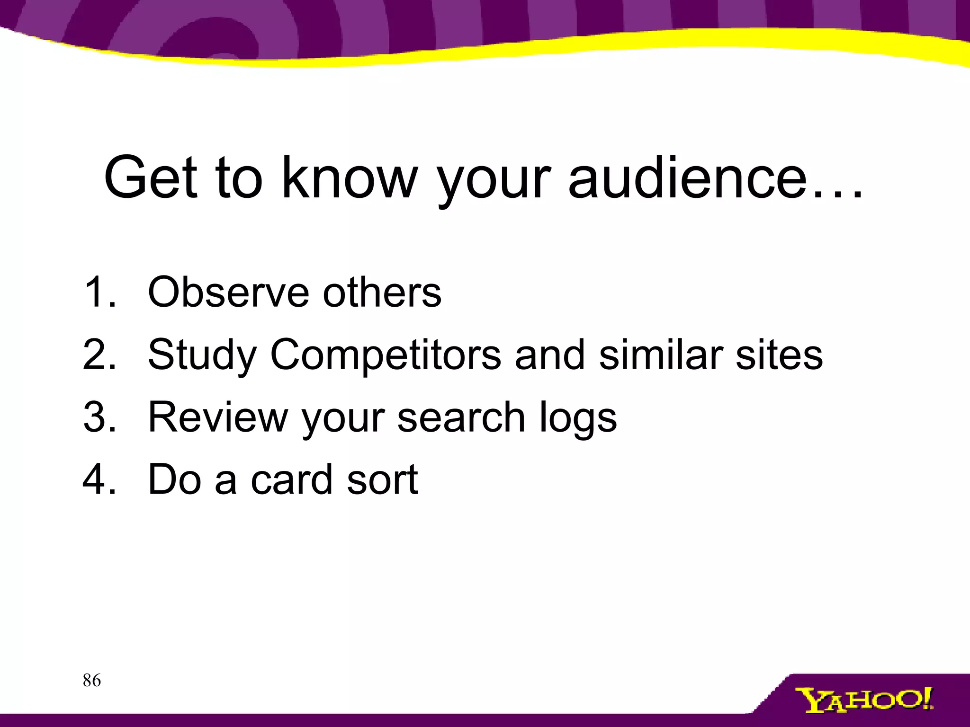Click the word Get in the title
[151, 177]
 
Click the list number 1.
[99, 292]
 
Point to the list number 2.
[99, 355]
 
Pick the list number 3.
[99, 417]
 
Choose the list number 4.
[99, 479]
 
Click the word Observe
[228, 292]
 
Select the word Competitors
[385, 355]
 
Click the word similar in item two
[660, 355]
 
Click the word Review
[218, 417]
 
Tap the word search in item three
[461, 417]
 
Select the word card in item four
[291, 479]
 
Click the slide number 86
[91, 680]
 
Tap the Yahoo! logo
[863, 700]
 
